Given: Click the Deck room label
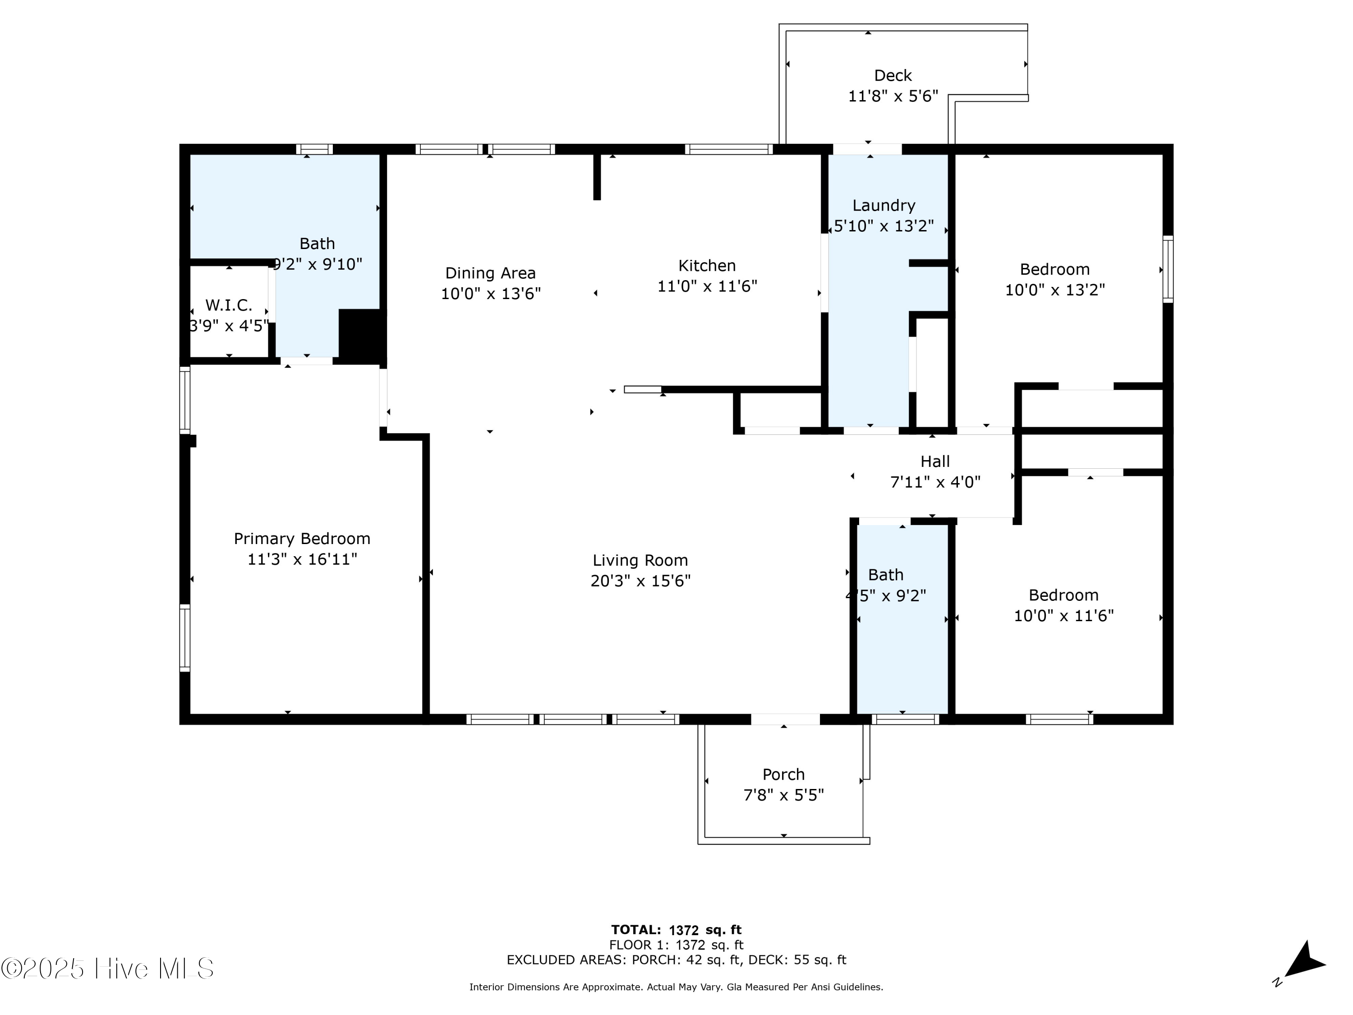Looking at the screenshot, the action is coord(893,75).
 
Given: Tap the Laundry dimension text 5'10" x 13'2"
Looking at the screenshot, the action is coord(884,226).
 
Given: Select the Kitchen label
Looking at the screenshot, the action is coord(707,266).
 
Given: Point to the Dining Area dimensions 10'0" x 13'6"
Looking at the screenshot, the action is coord(491,294).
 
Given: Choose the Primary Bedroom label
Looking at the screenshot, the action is coord(302,538).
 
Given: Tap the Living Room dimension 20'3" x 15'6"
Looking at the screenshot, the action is coord(640,581).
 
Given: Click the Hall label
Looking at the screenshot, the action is coord(935,461).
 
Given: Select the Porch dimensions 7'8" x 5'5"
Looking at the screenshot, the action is coord(783,795).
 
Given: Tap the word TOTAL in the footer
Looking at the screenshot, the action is coord(636,930).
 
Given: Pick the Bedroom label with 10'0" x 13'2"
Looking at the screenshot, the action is coord(1054,269).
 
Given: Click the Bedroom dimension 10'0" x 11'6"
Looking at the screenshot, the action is coord(1063,615).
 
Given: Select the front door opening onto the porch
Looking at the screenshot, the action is coord(785,720).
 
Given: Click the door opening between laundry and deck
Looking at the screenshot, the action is coord(867,149).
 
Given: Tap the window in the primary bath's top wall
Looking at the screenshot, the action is coord(314,149).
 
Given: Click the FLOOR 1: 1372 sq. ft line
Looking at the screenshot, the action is coord(676,945).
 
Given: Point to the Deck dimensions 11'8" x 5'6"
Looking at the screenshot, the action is coord(893,96).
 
